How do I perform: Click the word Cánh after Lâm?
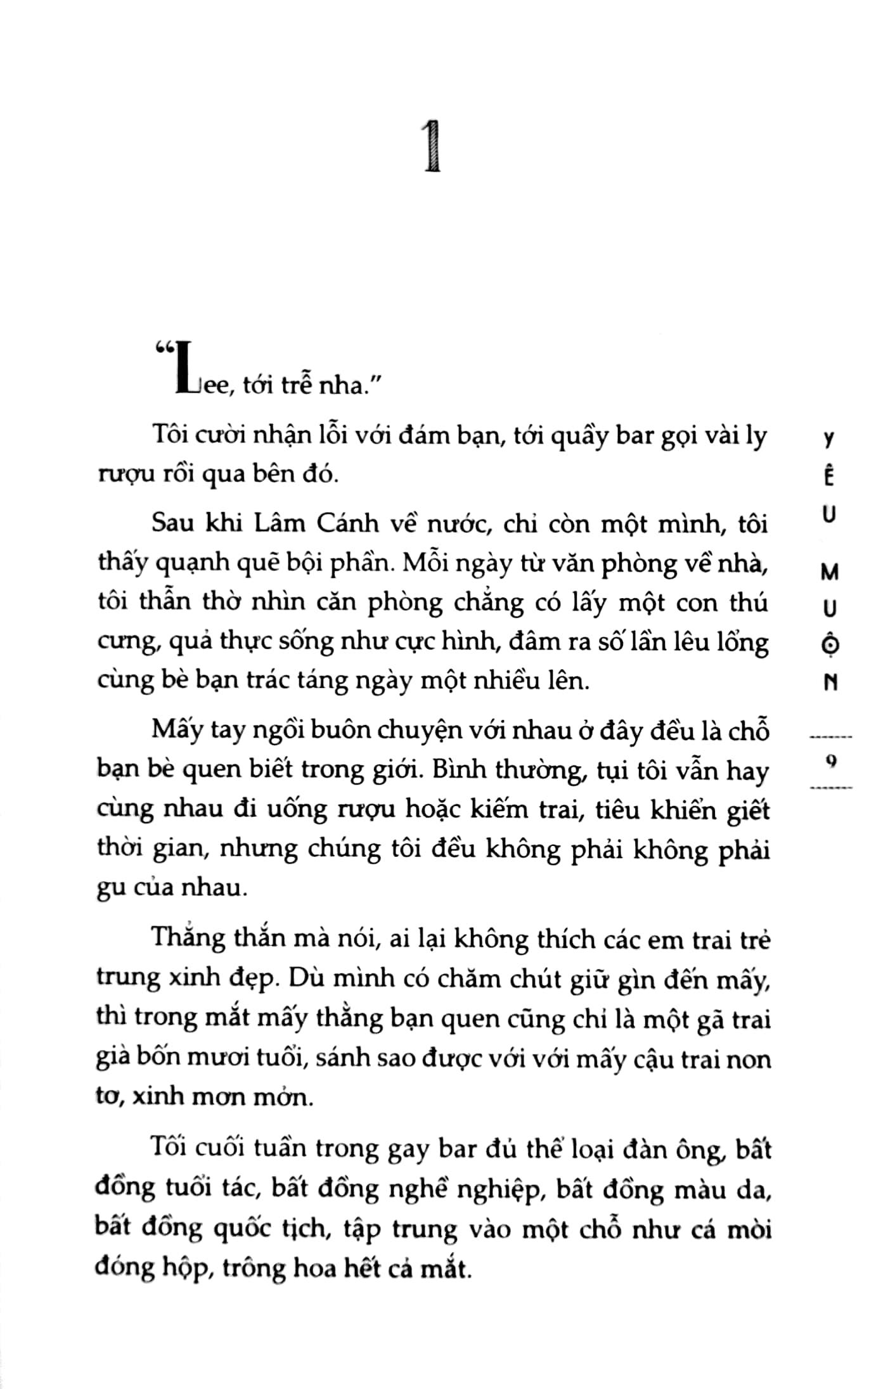(344, 524)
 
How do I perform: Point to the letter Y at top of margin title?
(831, 440)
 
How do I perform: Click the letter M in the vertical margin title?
(830, 572)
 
